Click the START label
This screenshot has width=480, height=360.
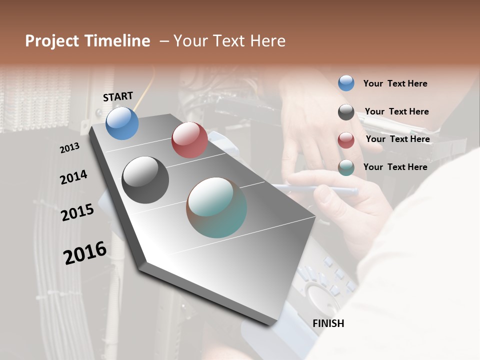[x=118, y=96]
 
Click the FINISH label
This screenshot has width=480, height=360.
[x=328, y=323]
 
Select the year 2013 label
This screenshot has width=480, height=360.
[x=69, y=148]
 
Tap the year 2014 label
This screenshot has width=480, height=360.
[x=73, y=177]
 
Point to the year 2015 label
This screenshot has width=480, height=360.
[x=77, y=212]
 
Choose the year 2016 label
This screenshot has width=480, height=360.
[x=85, y=253]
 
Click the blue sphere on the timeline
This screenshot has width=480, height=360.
[x=122, y=123]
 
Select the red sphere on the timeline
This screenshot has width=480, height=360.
[x=189, y=140]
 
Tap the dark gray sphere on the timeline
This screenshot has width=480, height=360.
[x=145, y=180]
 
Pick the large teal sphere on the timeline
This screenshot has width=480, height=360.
[x=216, y=207]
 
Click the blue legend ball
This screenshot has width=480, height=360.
[x=346, y=83]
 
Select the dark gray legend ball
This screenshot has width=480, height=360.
[x=346, y=112]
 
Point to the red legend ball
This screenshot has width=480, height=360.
[x=346, y=140]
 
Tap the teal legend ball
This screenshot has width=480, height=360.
[x=346, y=167]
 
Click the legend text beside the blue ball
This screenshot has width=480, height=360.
[x=395, y=83]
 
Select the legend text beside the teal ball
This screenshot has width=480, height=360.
[x=395, y=167]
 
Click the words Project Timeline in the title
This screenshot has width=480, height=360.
[x=87, y=41]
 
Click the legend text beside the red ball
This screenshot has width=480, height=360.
[x=397, y=139]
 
